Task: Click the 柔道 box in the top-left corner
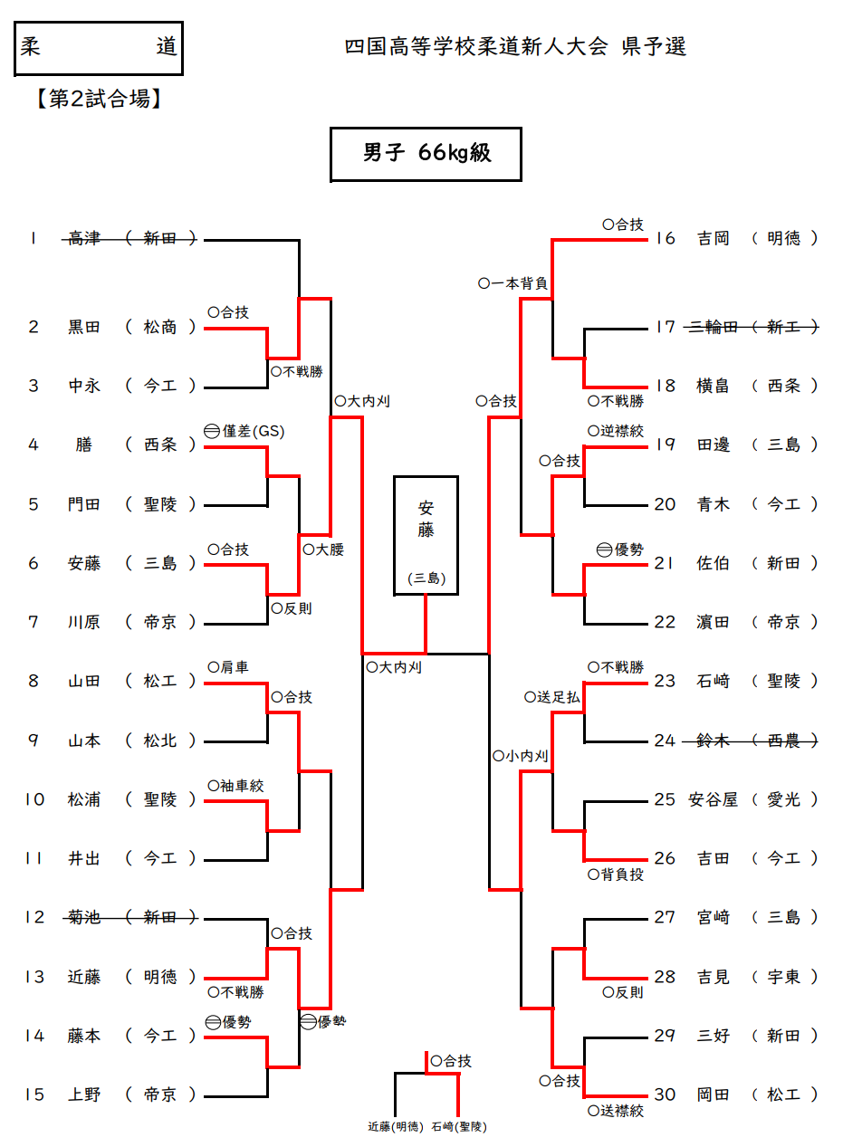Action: click(x=100, y=48)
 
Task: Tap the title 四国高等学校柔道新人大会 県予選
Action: click(x=515, y=47)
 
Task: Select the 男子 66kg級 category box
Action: click(x=426, y=154)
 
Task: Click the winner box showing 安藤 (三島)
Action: click(x=426, y=535)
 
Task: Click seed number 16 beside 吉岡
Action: click(x=666, y=239)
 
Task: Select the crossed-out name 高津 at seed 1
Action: click(x=84, y=239)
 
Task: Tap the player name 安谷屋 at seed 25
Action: click(x=714, y=799)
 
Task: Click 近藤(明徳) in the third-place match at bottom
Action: click(x=396, y=1127)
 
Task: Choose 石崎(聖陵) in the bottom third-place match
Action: click(x=459, y=1127)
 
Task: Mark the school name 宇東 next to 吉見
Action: click(x=783, y=977)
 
